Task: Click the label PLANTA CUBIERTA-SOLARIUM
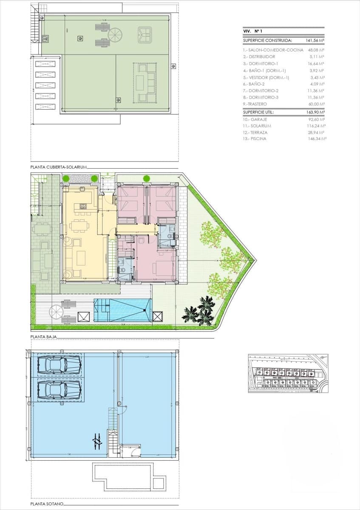[x=59, y=167]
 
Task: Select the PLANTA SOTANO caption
[x=47, y=504]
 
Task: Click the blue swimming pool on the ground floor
[x=122, y=310]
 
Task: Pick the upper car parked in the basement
[x=60, y=365]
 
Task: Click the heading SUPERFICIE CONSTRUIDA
[x=267, y=41]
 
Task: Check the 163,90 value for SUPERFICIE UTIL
[x=315, y=113]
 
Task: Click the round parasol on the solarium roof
[x=114, y=34]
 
